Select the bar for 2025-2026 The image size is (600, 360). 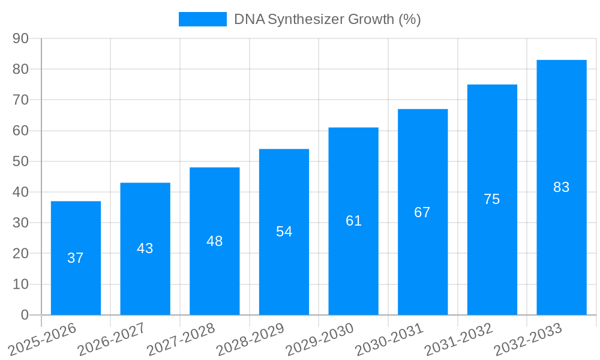tap(76, 258)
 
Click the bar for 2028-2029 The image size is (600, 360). tap(284, 232)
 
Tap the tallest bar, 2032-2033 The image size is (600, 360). tap(561, 187)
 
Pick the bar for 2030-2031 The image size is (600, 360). tap(422, 212)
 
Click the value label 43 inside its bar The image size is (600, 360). tap(145, 248)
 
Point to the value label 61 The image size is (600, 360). tap(353, 221)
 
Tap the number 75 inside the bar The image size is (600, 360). tap(492, 199)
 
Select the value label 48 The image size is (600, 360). tap(214, 241)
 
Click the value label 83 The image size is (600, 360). tap(561, 187)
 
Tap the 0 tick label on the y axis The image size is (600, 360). tap(25, 315)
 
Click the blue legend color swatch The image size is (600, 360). tap(203, 19)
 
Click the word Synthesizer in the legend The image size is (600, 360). tap(306, 19)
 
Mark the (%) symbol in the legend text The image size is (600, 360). tap(410, 19)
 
